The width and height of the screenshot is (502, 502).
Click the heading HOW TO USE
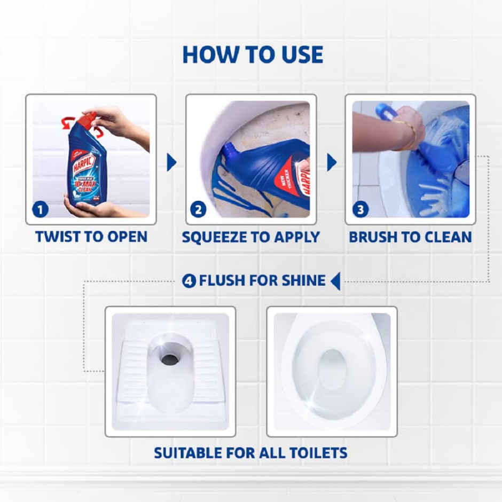pos(252,54)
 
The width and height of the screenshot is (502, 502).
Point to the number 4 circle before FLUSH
pos(189,280)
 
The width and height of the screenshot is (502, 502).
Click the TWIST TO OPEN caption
pos(91,237)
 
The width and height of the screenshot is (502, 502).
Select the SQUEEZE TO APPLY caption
pos(250,237)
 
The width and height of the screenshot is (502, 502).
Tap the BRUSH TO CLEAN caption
pos(410,237)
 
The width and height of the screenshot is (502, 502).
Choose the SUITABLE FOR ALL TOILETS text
pos(250,453)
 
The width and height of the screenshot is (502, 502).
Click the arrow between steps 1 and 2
pos(171,162)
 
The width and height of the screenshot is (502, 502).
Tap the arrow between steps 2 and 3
pos(331,162)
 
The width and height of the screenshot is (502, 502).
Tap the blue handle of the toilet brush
pos(384,111)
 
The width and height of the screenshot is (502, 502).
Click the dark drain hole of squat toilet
pos(170,359)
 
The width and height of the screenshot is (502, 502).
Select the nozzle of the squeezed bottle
pos(229,148)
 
